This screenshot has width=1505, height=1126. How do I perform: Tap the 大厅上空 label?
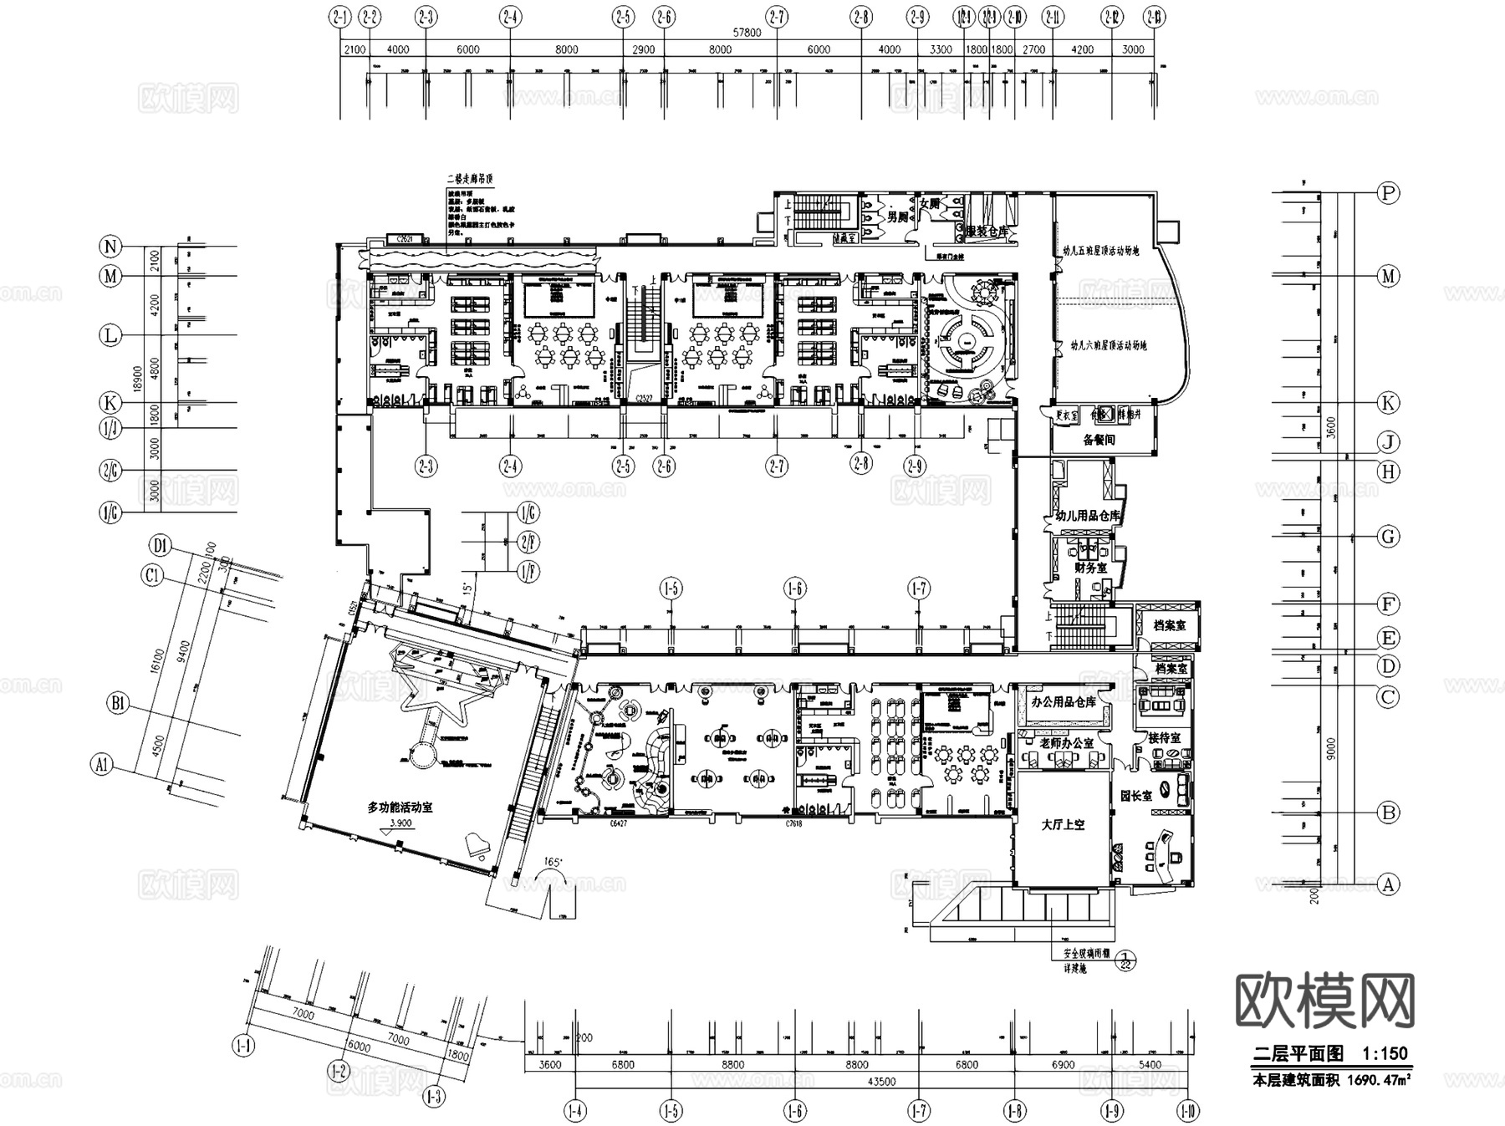point(1063,824)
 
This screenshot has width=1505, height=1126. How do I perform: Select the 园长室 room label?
point(1136,796)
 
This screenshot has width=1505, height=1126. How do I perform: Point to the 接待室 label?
point(1164,738)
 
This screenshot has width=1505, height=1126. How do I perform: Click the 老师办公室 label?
point(1066,742)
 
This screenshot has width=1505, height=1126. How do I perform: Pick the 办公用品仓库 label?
point(1064,702)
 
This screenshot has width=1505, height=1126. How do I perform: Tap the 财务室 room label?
point(1090,568)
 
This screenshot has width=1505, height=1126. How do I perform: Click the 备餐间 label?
point(1099,440)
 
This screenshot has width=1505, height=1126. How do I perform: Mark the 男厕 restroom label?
point(897,217)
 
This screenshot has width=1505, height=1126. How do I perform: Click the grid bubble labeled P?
point(1388,193)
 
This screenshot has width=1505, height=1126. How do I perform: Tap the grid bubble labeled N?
point(110,247)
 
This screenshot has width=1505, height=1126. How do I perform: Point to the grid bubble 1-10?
point(1187,1112)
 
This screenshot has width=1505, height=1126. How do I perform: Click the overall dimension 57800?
point(747,33)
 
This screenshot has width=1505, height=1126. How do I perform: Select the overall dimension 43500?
point(880,1082)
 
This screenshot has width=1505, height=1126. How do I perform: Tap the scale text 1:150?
point(1385,1054)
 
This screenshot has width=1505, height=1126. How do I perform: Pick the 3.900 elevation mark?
point(401,823)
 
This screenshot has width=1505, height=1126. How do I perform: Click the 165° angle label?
point(551,861)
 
